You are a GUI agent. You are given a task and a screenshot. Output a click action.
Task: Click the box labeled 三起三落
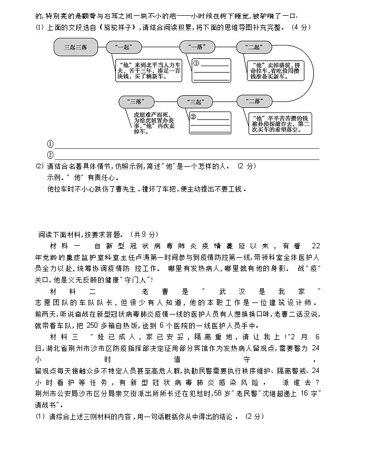[x=75, y=47]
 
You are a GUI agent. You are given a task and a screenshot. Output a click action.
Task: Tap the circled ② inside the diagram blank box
[x=193, y=117]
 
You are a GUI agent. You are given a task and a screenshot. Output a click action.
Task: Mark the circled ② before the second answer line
[x=50, y=155]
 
